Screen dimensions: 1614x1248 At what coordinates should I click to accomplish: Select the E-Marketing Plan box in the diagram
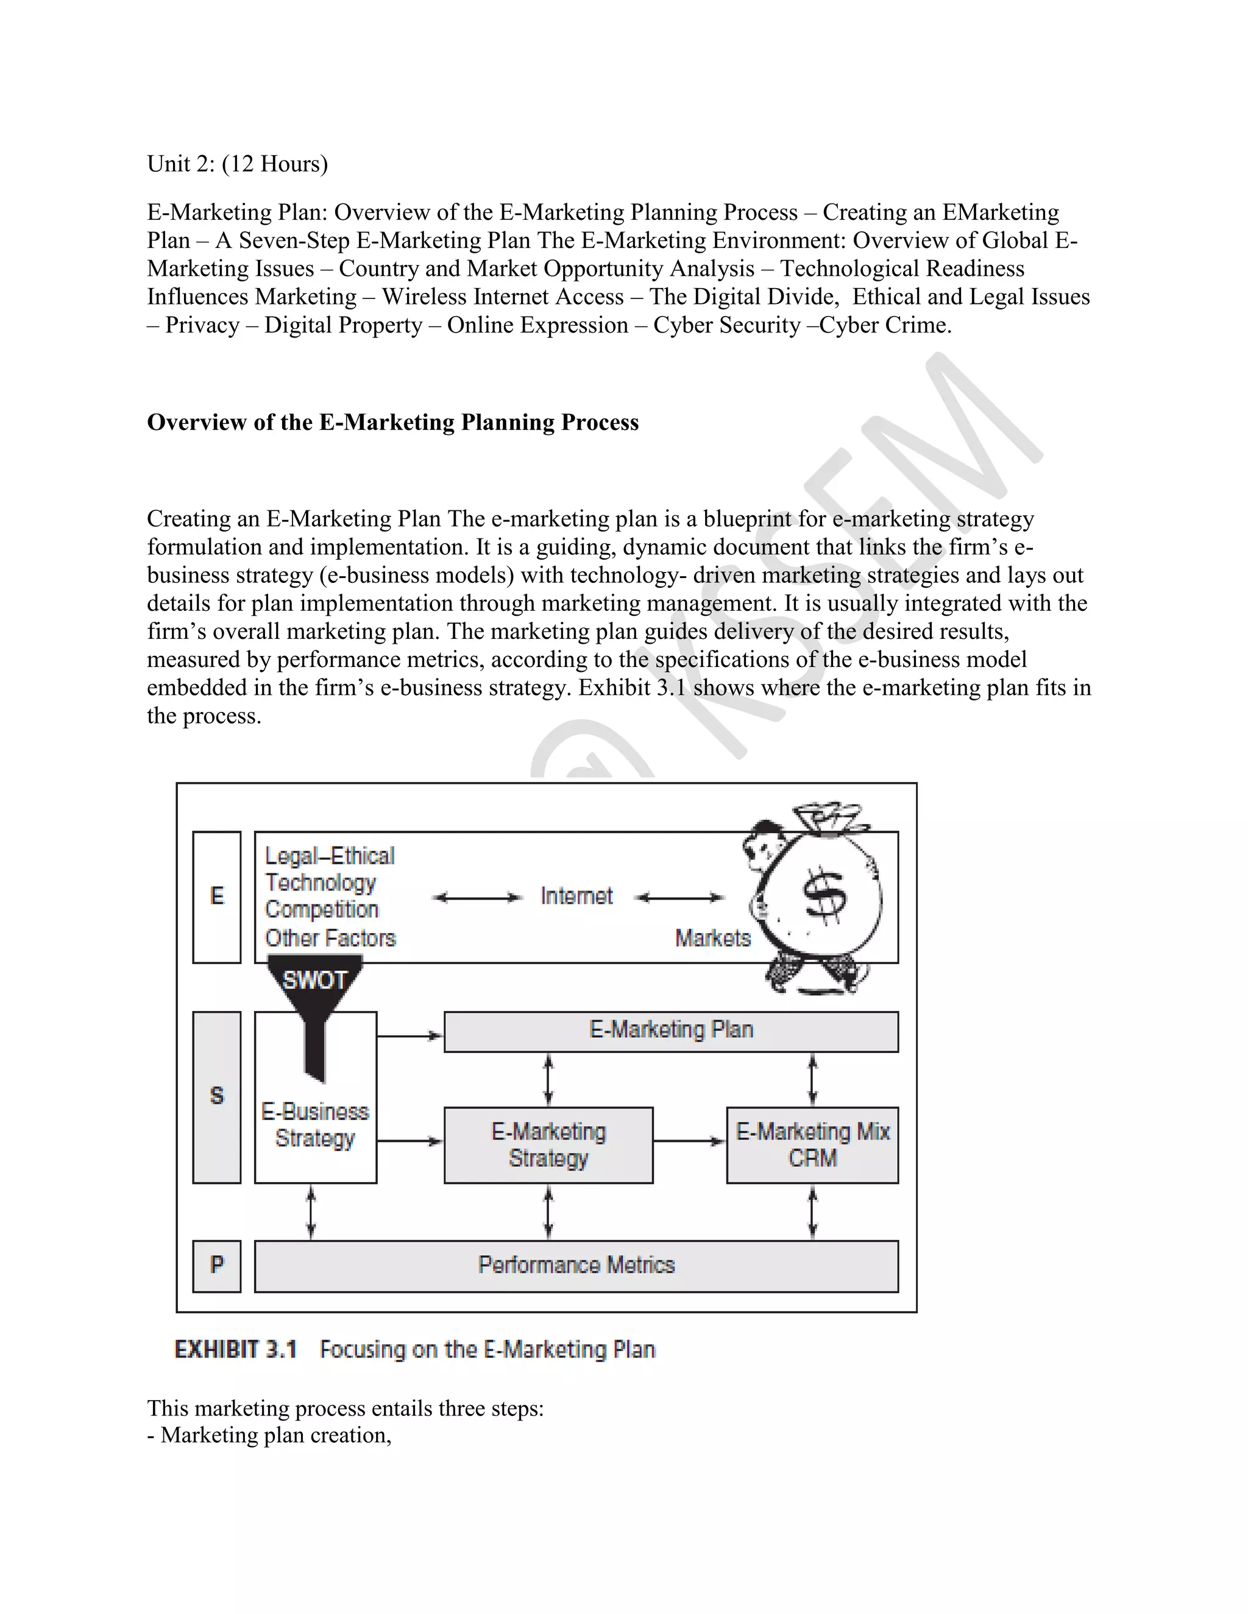[x=670, y=1031]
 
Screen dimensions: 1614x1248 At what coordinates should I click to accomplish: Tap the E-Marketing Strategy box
[x=548, y=1145]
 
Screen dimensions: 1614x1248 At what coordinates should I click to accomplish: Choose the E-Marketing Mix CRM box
[x=812, y=1145]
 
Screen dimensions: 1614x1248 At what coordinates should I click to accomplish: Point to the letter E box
[x=216, y=897]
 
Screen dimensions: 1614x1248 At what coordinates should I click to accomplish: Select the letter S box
[x=216, y=1097]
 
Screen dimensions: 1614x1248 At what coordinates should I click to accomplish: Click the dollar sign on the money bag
[x=824, y=898]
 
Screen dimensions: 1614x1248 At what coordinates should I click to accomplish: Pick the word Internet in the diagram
[x=576, y=897]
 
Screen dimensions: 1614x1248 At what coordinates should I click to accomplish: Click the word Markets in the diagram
[x=712, y=939]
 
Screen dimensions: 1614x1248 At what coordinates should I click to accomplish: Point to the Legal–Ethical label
[x=330, y=856]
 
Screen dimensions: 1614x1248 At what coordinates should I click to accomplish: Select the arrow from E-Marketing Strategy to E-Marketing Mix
[x=689, y=1141]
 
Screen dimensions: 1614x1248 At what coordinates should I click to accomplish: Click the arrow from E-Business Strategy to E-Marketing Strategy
[x=409, y=1141]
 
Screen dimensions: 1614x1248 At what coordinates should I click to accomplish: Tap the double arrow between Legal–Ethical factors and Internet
[x=477, y=898]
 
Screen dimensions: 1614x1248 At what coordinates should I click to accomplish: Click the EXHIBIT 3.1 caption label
[x=235, y=1350]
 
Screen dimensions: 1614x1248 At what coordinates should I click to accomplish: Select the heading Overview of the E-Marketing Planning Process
[x=392, y=422]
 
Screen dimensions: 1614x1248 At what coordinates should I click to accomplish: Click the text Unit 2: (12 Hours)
[x=237, y=163]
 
